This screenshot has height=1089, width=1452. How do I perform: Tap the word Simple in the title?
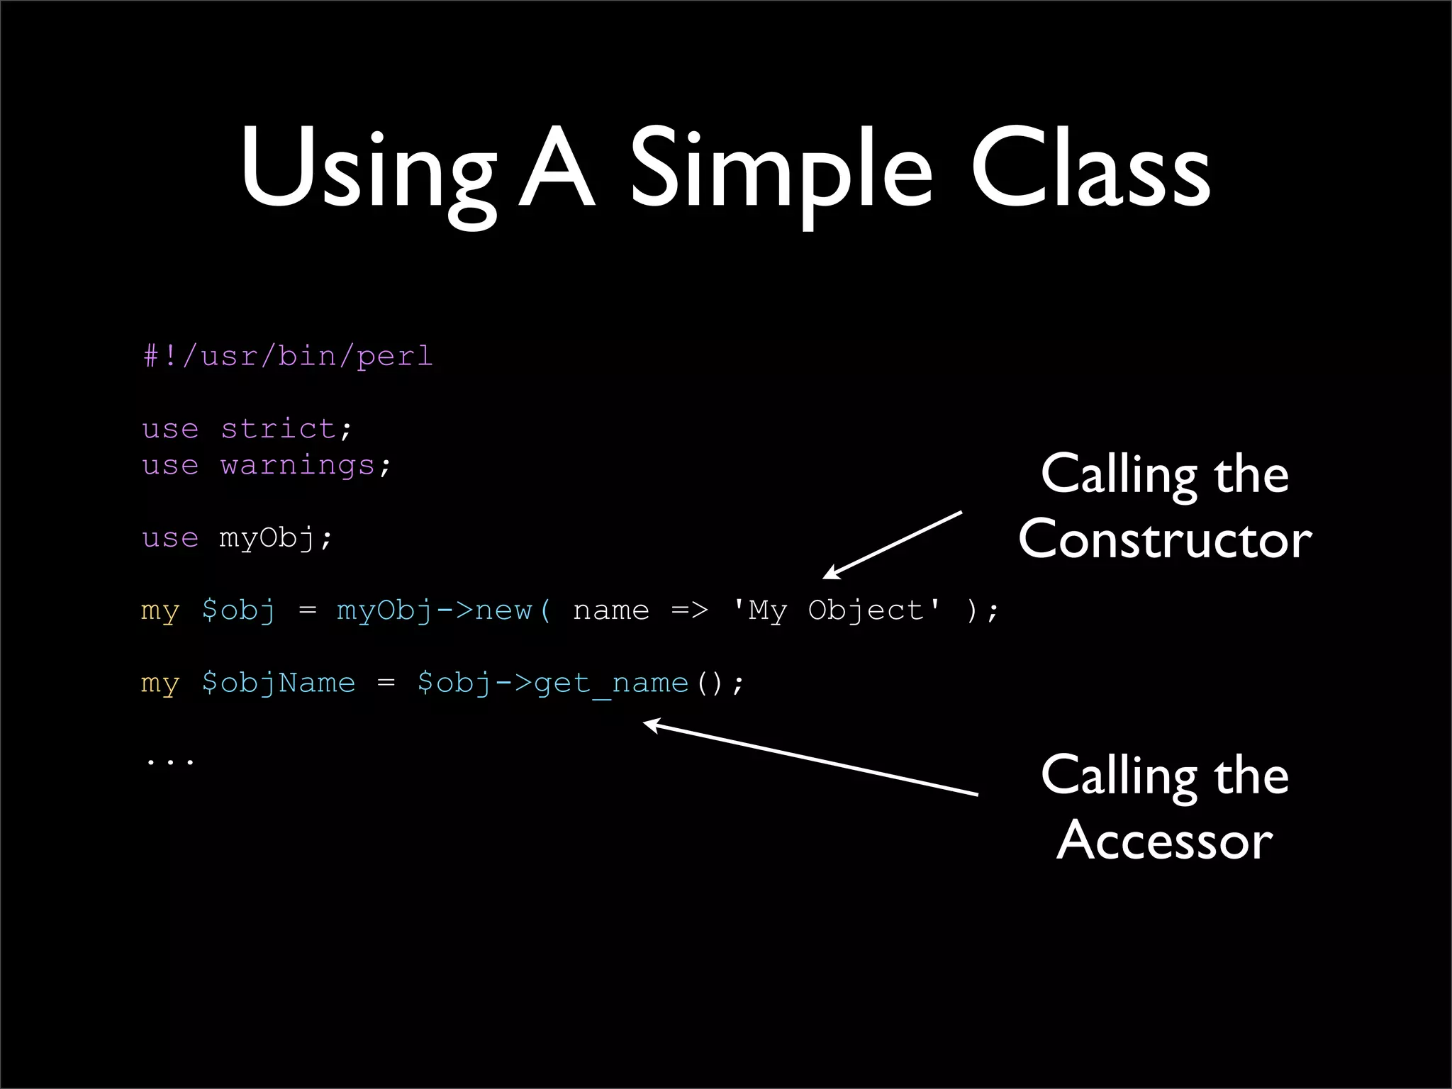tap(780, 170)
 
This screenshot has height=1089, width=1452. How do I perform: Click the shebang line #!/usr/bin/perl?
tap(288, 356)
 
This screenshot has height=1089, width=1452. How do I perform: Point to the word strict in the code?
tap(278, 429)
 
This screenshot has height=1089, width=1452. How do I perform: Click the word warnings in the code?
tap(297, 466)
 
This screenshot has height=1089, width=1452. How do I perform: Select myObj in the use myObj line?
tap(267, 539)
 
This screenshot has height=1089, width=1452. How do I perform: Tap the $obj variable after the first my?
tap(238, 610)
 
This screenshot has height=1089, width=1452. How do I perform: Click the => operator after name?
tap(689, 610)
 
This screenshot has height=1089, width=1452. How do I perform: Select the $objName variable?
tap(278, 683)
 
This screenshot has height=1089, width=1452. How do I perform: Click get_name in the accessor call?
tap(611, 683)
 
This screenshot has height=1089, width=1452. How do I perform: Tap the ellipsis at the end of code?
tap(169, 761)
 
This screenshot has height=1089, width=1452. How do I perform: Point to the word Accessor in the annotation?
tap(1164, 841)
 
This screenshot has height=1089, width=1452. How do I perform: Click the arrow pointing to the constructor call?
tap(893, 544)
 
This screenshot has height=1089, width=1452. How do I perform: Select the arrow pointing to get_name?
tap(808, 758)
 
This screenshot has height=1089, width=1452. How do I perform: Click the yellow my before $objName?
tap(160, 683)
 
